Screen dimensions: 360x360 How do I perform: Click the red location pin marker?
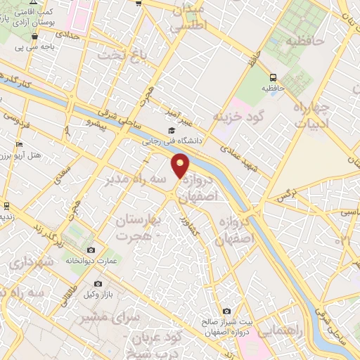[x=181, y=167]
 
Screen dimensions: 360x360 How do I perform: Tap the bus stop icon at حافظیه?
[x=272, y=77]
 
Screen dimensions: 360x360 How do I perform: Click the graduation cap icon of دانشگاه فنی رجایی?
[x=172, y=131]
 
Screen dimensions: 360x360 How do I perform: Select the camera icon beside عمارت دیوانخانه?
[x=91, y=250]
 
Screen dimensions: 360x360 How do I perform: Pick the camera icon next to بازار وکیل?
[x=91, y=292]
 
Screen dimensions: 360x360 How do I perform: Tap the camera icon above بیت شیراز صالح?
[x=226, y=311]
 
